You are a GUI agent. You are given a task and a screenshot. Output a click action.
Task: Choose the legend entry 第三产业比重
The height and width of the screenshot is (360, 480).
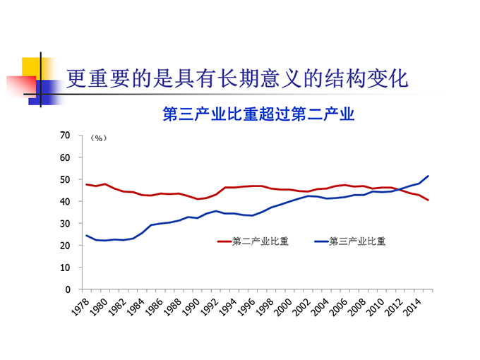click(x=357, y=241)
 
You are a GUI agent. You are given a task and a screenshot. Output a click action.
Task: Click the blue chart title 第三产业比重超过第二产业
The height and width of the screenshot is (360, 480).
click(x=258, y=114)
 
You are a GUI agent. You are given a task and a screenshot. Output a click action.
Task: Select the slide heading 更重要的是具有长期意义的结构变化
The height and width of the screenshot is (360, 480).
click(x=237, y=78)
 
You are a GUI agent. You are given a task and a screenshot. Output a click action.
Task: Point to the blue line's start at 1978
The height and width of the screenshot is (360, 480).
click(x=86, y=235)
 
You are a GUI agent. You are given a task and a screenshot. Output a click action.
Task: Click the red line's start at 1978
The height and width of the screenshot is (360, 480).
click(x=86, y=184)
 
